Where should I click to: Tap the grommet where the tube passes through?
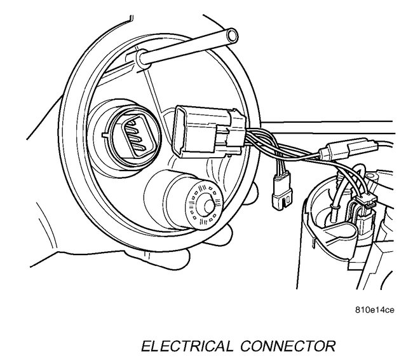click(x=136, y=59)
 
